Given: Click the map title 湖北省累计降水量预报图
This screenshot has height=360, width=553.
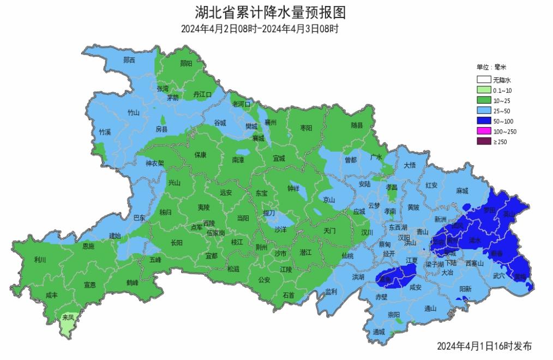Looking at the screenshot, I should point(271,12).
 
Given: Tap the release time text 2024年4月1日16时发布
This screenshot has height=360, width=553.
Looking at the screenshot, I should point(484,346).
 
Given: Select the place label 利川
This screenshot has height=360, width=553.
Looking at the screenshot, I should point(40,260).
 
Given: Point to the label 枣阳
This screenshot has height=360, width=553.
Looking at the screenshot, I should point(306,128).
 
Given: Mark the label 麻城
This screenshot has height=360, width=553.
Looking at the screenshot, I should point(462,191).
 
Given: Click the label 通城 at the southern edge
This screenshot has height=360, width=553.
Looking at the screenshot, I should point(379,332).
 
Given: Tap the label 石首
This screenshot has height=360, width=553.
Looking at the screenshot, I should point(288,295).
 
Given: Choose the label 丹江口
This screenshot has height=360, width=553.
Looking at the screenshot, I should point(202,94).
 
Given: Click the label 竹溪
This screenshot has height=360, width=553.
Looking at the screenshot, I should point(105,132).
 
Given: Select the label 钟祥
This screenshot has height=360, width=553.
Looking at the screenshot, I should point(293,188).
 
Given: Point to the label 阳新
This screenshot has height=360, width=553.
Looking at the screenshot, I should point(465,289).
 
